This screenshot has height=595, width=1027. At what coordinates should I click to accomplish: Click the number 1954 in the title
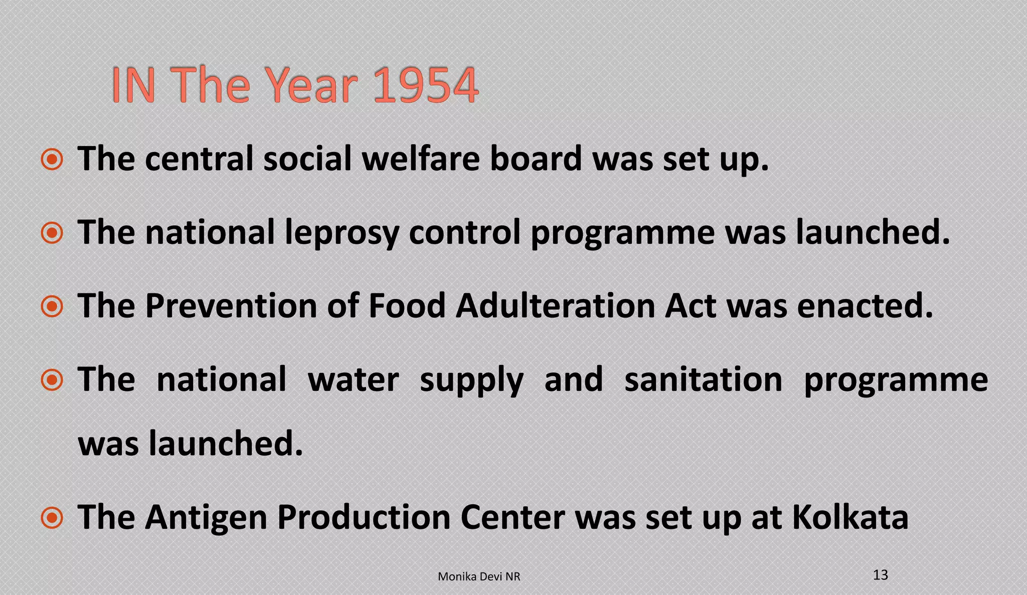pyautogui.click(x=426, y=85)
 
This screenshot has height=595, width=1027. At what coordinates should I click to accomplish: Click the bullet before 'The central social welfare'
pyautogui.click(x=52, y=160)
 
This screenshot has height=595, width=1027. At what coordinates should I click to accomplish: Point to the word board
pyautogui.click(x=536, y=159)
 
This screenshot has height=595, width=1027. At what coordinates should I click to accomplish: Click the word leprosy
pyautogui.click(x=341, y=233)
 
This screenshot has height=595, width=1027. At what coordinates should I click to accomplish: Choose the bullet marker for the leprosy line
pyautogui.click(x=52, y=233)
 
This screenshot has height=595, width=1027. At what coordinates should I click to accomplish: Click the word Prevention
pyautogui.click(x=231, y=306)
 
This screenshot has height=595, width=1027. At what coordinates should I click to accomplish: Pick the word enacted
pyautogui.click(x=865, y=306)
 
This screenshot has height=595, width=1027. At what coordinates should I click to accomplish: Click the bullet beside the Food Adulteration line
pyautogui.click(x=52, y=307)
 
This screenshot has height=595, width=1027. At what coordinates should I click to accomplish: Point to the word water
pyautogui.click(x=353, y=379)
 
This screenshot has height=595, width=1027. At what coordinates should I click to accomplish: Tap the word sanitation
pyautogui.click(x=703, y=379)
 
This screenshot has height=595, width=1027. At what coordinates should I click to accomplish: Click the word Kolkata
pyautogui.click(x=850, y=517)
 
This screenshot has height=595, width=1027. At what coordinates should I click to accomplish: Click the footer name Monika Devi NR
pyautogui.click(x=479, y=577)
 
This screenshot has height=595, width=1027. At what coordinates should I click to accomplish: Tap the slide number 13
pyautogui.click(x=880, y=575)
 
